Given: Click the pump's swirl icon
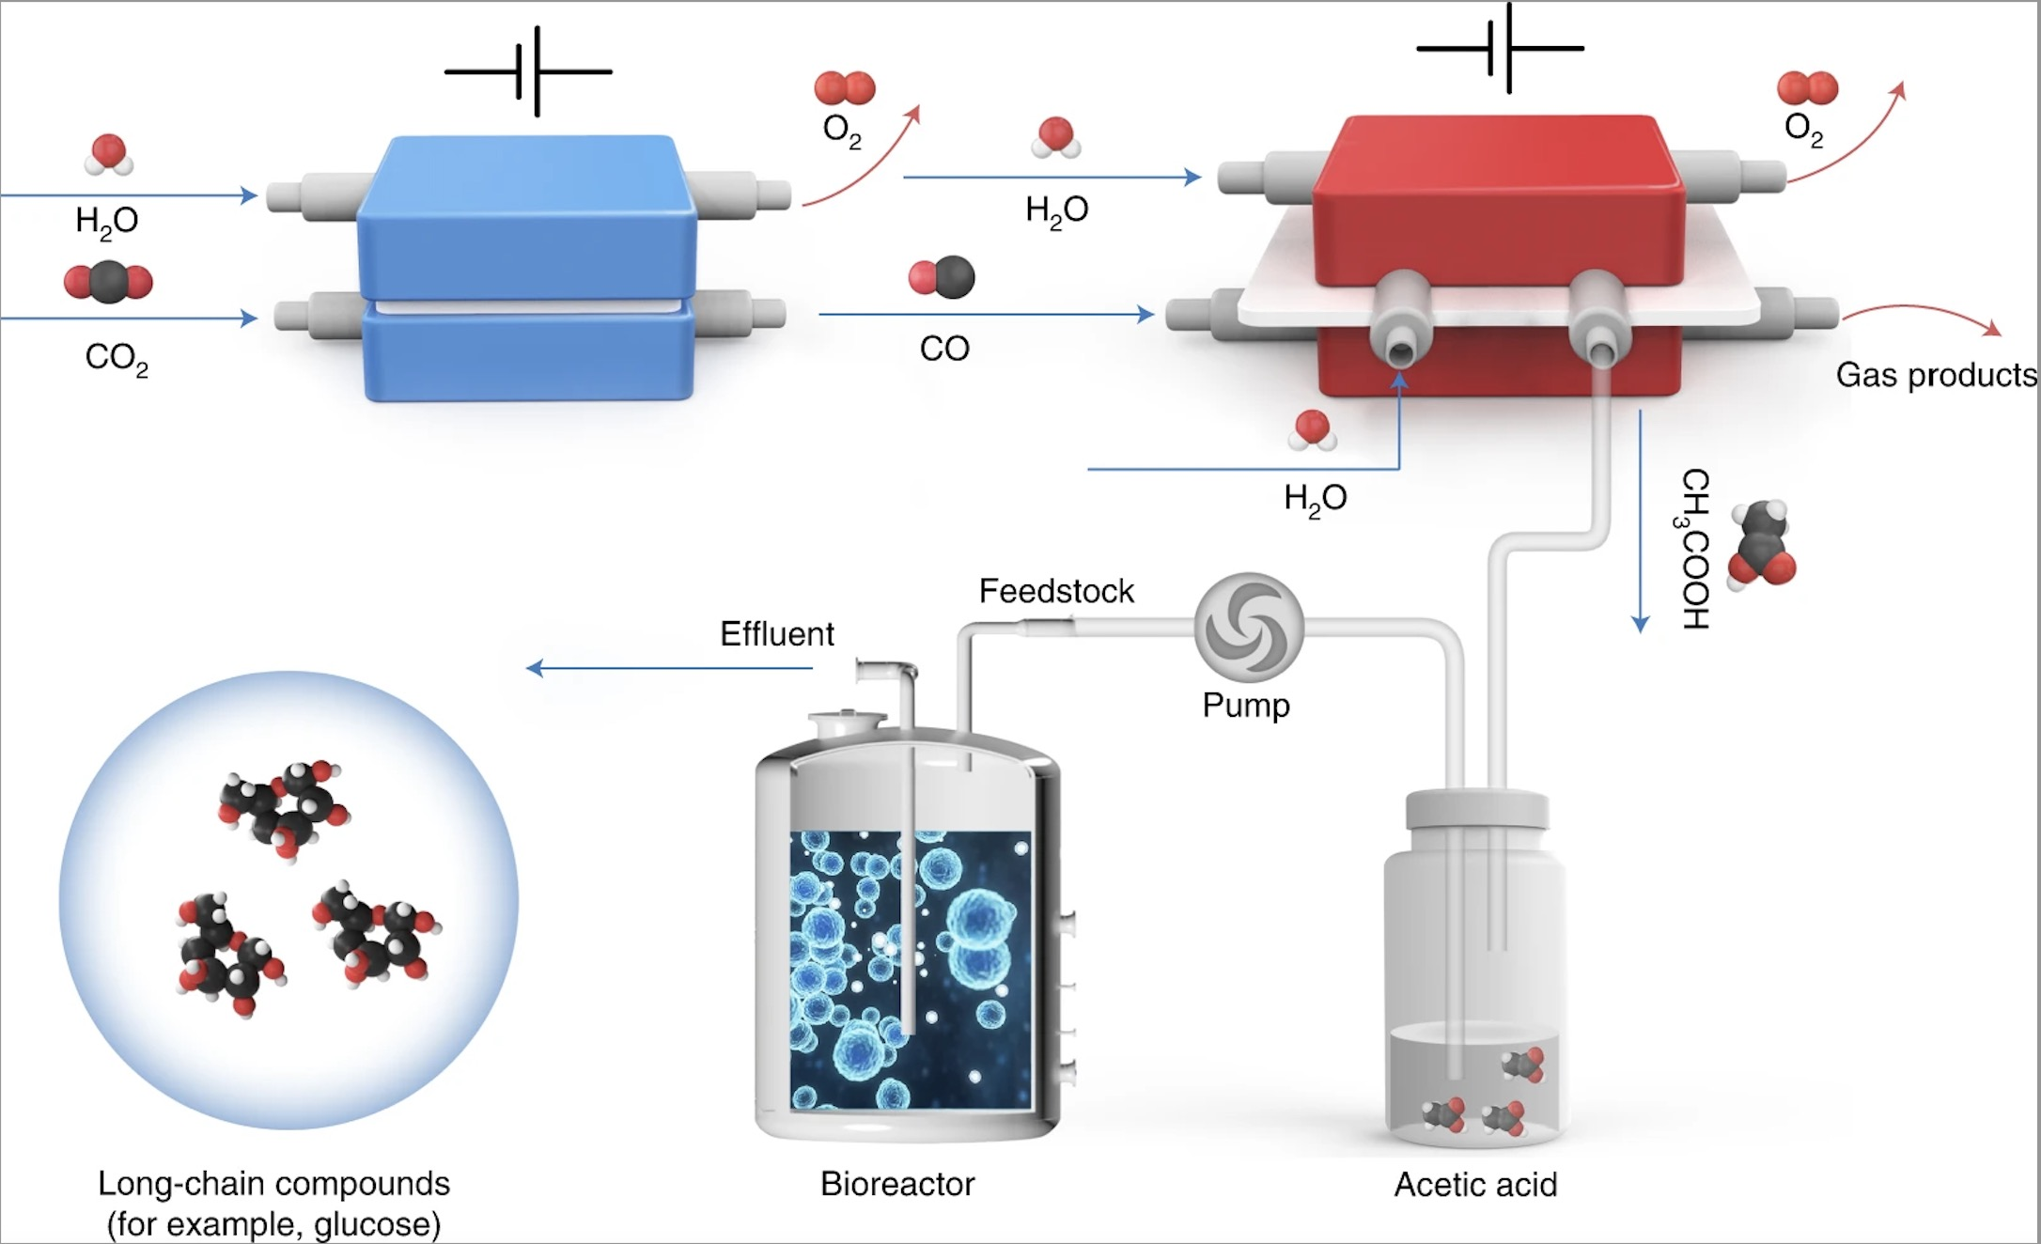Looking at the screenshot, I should [1249, 627].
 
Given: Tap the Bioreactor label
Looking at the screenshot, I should [897, 1184].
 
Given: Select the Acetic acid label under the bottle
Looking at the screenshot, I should [1474, 1185].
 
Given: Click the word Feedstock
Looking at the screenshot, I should [1056, 591].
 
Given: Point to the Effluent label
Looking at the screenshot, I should [776, 634].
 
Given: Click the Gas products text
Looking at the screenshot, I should [1935, 375].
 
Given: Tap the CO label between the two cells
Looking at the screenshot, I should [944, 349].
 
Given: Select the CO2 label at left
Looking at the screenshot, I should [116, 358].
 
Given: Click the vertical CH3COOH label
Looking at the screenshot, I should [1693, 549].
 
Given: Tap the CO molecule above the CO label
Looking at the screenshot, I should [943, 277].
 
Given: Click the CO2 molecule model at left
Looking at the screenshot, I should [108, 282].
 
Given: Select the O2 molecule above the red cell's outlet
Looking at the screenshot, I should [1806, 88].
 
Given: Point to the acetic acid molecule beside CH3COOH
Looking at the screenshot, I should [1761, 545].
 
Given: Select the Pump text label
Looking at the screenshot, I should [1246, 706].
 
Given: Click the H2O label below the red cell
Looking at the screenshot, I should [1315, 499].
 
